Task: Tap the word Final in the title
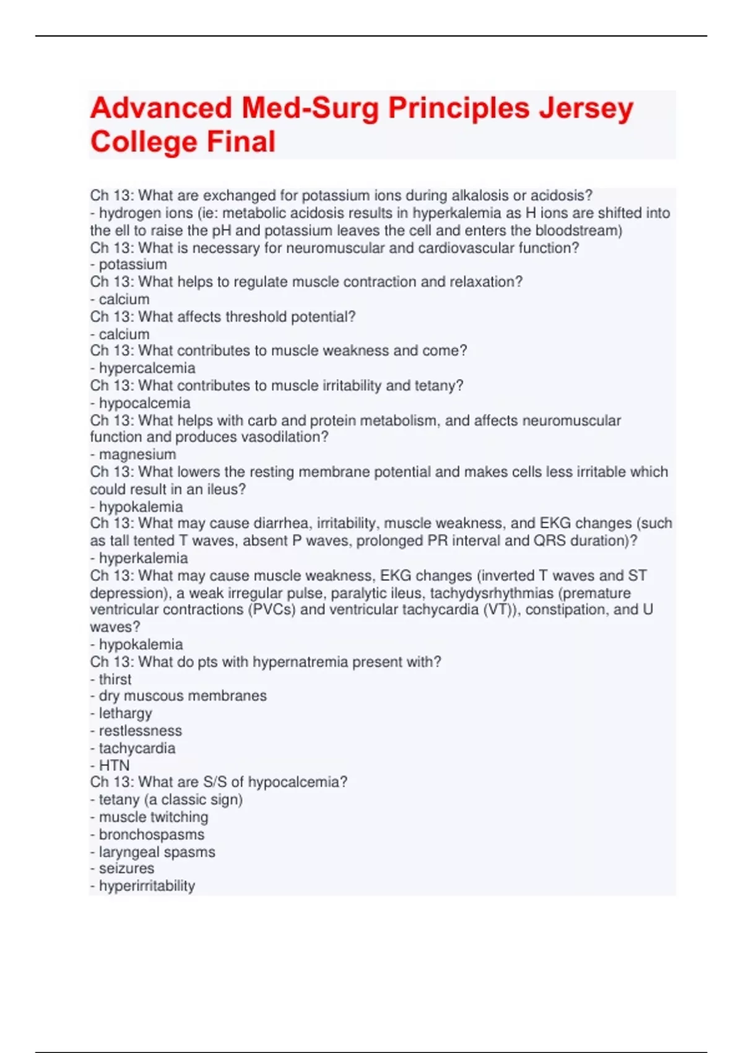(241, 142)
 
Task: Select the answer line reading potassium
(133, 264)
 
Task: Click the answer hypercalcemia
(147, 368)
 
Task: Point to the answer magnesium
(137, 455)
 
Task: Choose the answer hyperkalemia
(143, 558)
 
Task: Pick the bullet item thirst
(115, 679)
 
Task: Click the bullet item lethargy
(125, 714)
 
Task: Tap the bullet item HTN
(115, 766)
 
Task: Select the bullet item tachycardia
(137, 748)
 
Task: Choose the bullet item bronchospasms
(151, 835)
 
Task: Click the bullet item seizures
(126, 869)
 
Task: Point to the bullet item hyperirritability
(147, 886)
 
